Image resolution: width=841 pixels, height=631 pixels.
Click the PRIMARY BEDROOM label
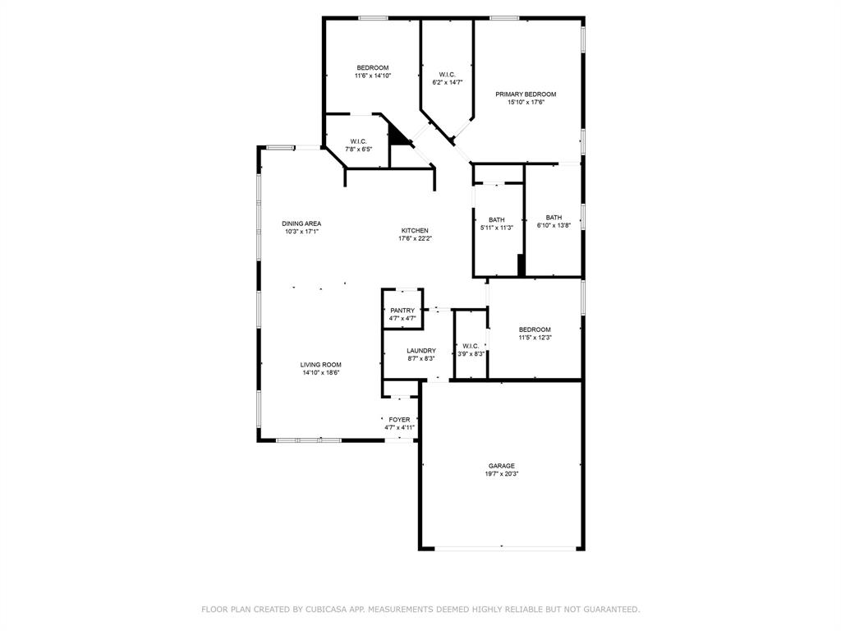pos(526,94)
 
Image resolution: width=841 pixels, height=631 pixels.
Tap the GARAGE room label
pos(501,466)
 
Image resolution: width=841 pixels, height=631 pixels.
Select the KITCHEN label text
pos(415,231)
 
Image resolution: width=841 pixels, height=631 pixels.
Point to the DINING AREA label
pos(301,223)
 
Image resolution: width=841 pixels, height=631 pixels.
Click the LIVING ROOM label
pos(320,365)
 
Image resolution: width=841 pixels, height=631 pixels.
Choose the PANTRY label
pos(402,311)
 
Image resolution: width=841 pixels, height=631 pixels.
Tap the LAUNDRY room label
pos(421,351)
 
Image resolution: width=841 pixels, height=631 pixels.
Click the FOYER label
pos(399,420)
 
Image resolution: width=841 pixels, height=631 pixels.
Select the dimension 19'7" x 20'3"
pos(501,474)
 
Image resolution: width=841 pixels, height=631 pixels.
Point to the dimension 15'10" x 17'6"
pos(526,103)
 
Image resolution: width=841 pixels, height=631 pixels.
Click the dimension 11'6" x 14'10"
pos(372,76)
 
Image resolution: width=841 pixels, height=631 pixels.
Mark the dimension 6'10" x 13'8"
pos(554,226)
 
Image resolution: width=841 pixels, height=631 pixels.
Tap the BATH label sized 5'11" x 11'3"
pos(497,219)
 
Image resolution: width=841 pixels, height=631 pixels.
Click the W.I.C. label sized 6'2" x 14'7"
pos(447,75)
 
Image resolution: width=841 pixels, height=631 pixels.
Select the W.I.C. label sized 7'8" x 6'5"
pos(358,141)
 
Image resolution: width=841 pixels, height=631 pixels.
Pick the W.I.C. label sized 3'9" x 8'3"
pos(471,346)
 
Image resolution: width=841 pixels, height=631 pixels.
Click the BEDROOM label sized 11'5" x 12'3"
pos(535,329)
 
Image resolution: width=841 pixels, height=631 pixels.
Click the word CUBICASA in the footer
pos(324,610)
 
